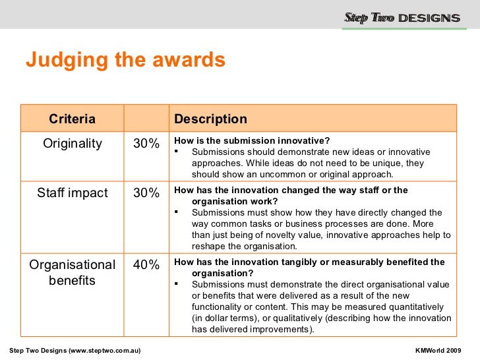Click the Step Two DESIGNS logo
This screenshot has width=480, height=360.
coord(402,18)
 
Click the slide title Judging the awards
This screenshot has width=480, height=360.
coord(125,61)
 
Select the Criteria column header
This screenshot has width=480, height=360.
coord(72,119)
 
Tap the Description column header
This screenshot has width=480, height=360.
coord(210,119)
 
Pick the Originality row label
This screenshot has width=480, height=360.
coord(73,144)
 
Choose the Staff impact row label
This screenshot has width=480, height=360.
coord(73,193)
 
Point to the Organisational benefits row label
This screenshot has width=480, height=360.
coord(73,272)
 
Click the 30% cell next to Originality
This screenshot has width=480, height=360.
coord(146,144)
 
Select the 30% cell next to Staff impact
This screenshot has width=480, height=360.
coord(146,193)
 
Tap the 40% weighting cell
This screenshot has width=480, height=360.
coord(146,265)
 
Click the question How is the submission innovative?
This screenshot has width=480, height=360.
coord(251,140)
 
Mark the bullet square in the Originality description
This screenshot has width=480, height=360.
coord(177,152)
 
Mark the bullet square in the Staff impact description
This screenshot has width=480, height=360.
coord(177,212)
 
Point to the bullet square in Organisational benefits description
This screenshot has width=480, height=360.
coord(177,284)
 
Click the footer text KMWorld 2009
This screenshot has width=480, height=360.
coord(438,349)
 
